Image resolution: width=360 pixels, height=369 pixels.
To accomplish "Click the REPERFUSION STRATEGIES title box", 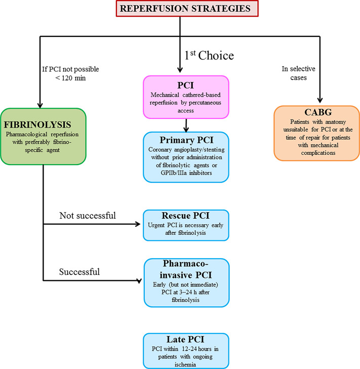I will [180, 9].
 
